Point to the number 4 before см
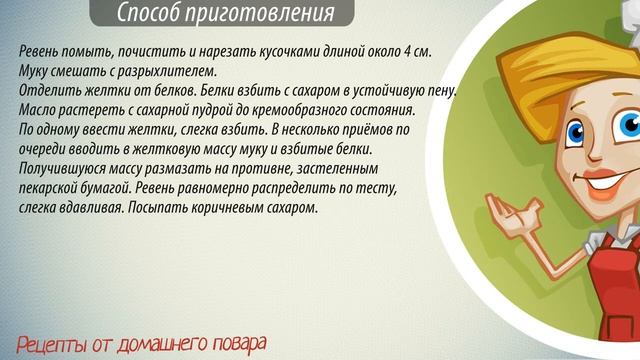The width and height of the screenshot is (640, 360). pos(409,51)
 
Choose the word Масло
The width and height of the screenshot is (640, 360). pos(38,110)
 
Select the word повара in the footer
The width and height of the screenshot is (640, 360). pos(236,343)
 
